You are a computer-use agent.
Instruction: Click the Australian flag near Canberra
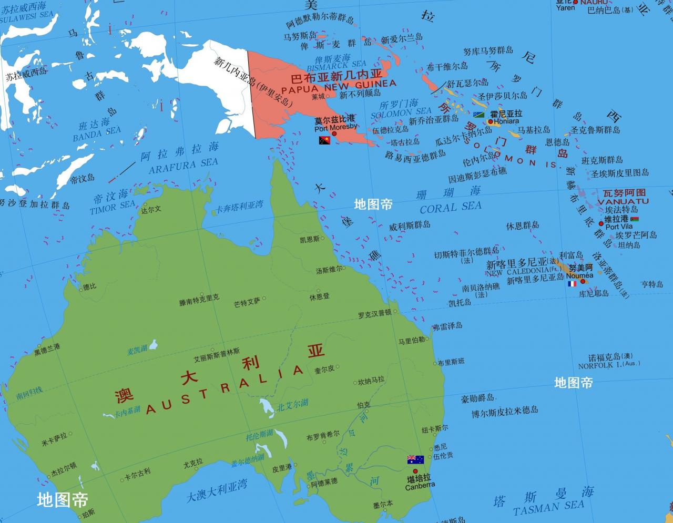coord(415,459)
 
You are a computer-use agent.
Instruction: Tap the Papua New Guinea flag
coord(324,140)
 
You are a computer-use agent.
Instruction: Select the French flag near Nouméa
coord(572,284)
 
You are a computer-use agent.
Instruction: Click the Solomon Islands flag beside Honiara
coord(478,115)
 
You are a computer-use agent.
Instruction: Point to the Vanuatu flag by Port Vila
coord(634,219)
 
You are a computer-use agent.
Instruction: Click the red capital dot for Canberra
coord(415,471)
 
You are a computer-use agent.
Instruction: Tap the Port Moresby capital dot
coord(333,134)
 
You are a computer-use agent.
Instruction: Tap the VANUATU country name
coord(623,201)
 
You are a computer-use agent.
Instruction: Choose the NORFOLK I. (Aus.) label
coord(609,365)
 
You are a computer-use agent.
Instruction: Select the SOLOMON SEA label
coord(401,112)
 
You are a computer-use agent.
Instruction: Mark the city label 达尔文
coord(151,209)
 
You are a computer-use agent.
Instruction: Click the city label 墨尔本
coord(383,505)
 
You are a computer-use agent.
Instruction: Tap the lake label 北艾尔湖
coord(293,404)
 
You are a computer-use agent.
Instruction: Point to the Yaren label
coord(565,8)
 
